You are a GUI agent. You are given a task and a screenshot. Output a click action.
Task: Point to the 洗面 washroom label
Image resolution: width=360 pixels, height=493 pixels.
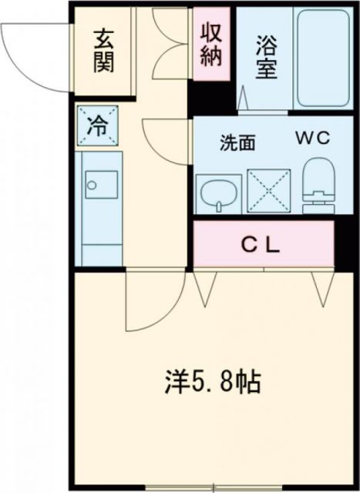(236, 142)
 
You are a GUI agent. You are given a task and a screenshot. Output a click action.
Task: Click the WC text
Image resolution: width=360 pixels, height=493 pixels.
(311, 139)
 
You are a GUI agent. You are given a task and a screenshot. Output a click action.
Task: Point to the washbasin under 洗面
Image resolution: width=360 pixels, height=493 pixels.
(218, 192)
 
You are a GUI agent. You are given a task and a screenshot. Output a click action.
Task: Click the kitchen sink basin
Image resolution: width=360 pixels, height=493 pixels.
(100, 186)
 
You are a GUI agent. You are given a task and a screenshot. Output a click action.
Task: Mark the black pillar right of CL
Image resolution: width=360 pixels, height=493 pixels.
(345, 244)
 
